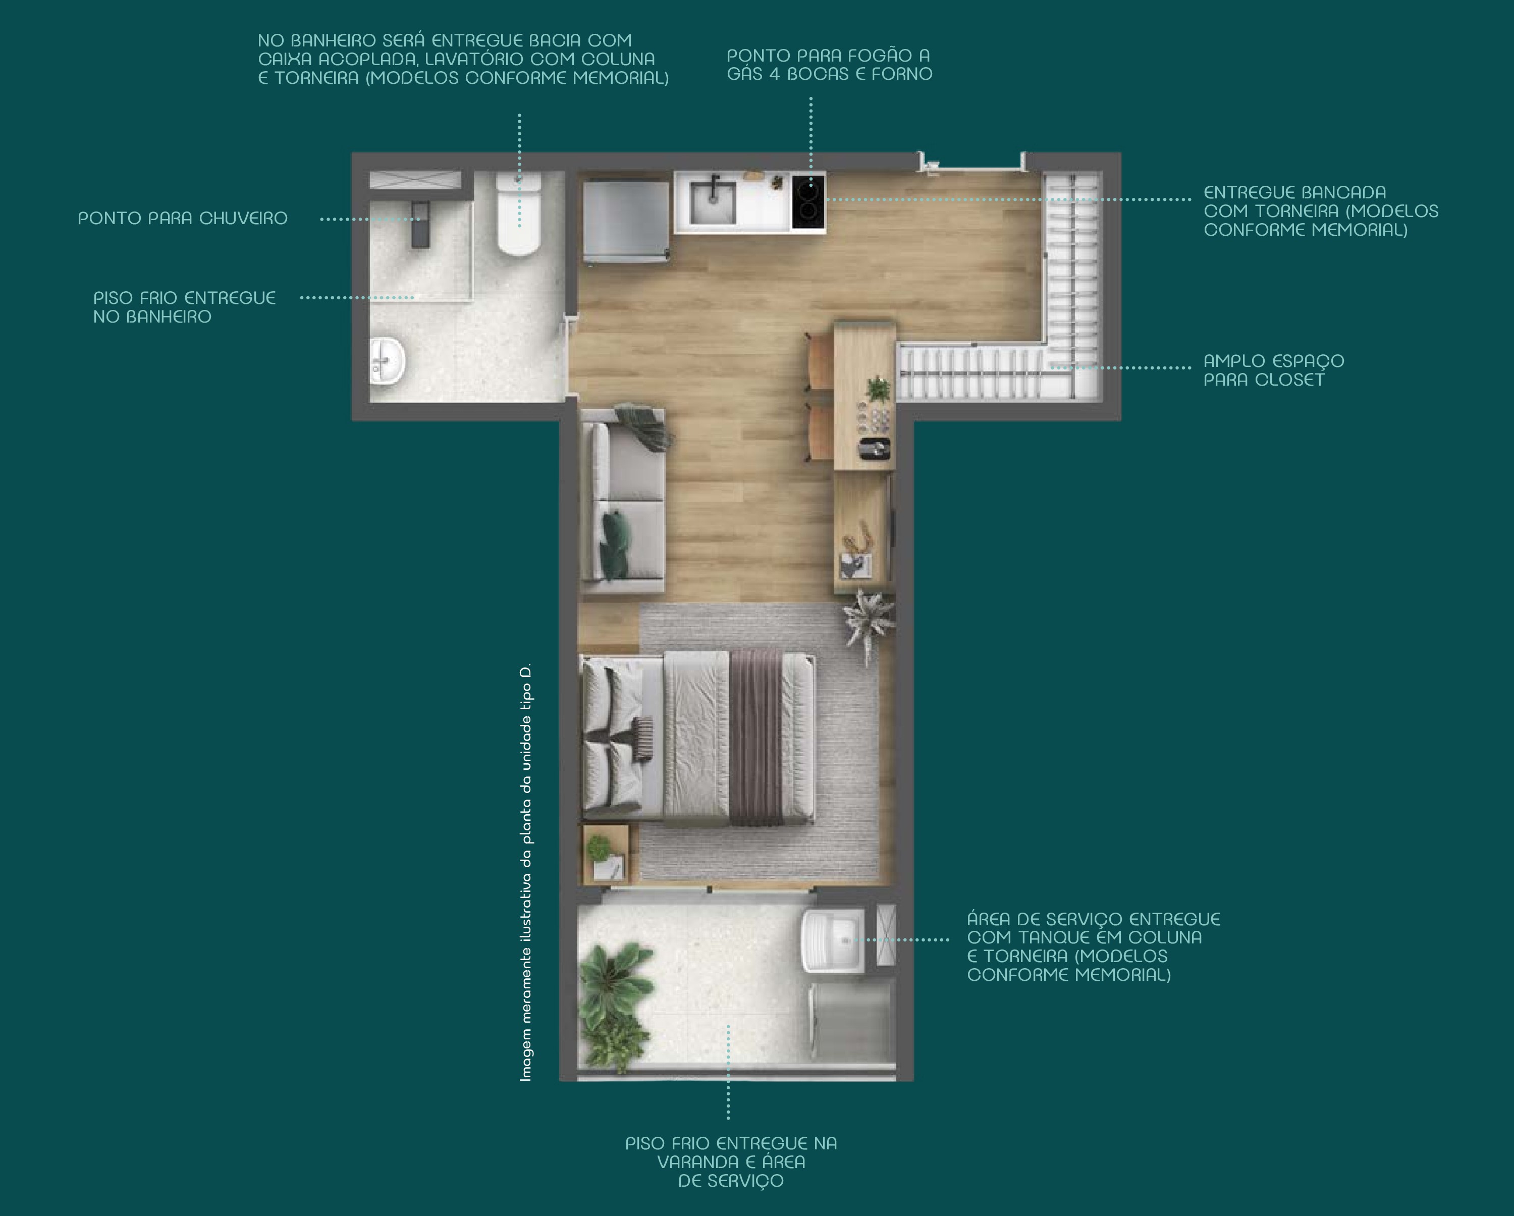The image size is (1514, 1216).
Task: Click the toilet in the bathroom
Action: point(519,214)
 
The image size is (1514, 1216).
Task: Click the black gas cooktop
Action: point(808,201)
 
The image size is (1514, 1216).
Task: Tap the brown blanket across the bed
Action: point(756,737)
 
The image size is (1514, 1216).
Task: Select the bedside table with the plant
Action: point(605,854)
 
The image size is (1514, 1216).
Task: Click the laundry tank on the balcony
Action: point(832,941)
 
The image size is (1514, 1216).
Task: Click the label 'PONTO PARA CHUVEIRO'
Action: point(183,219)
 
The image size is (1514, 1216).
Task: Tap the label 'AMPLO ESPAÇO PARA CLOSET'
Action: point(1274,370)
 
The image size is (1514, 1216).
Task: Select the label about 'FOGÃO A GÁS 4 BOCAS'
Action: point(829,65)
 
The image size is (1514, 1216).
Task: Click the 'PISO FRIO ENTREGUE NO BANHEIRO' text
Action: point(184,307)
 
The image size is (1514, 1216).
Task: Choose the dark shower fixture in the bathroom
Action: point(420,224)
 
